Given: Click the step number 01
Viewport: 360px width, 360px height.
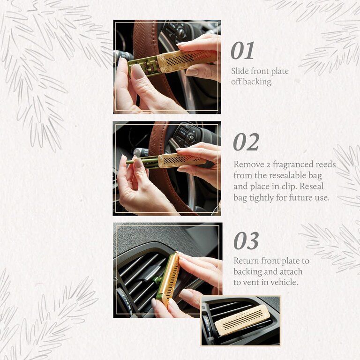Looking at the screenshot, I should point(242,51).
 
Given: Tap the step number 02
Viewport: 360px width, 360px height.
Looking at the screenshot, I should point(246,142).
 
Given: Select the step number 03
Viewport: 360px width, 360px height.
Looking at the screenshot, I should point(246,241).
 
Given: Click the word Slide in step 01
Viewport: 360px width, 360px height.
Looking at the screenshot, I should point(240,71).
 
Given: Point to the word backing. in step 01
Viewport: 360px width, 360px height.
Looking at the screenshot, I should point(260,82).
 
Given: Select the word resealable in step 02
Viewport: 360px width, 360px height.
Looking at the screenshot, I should point(282,176).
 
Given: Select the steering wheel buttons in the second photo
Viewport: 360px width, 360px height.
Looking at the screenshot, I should point(185,136).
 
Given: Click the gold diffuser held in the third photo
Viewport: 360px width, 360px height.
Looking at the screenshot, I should point(167,279).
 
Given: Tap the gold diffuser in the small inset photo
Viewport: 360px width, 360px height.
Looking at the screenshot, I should point(242,319).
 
